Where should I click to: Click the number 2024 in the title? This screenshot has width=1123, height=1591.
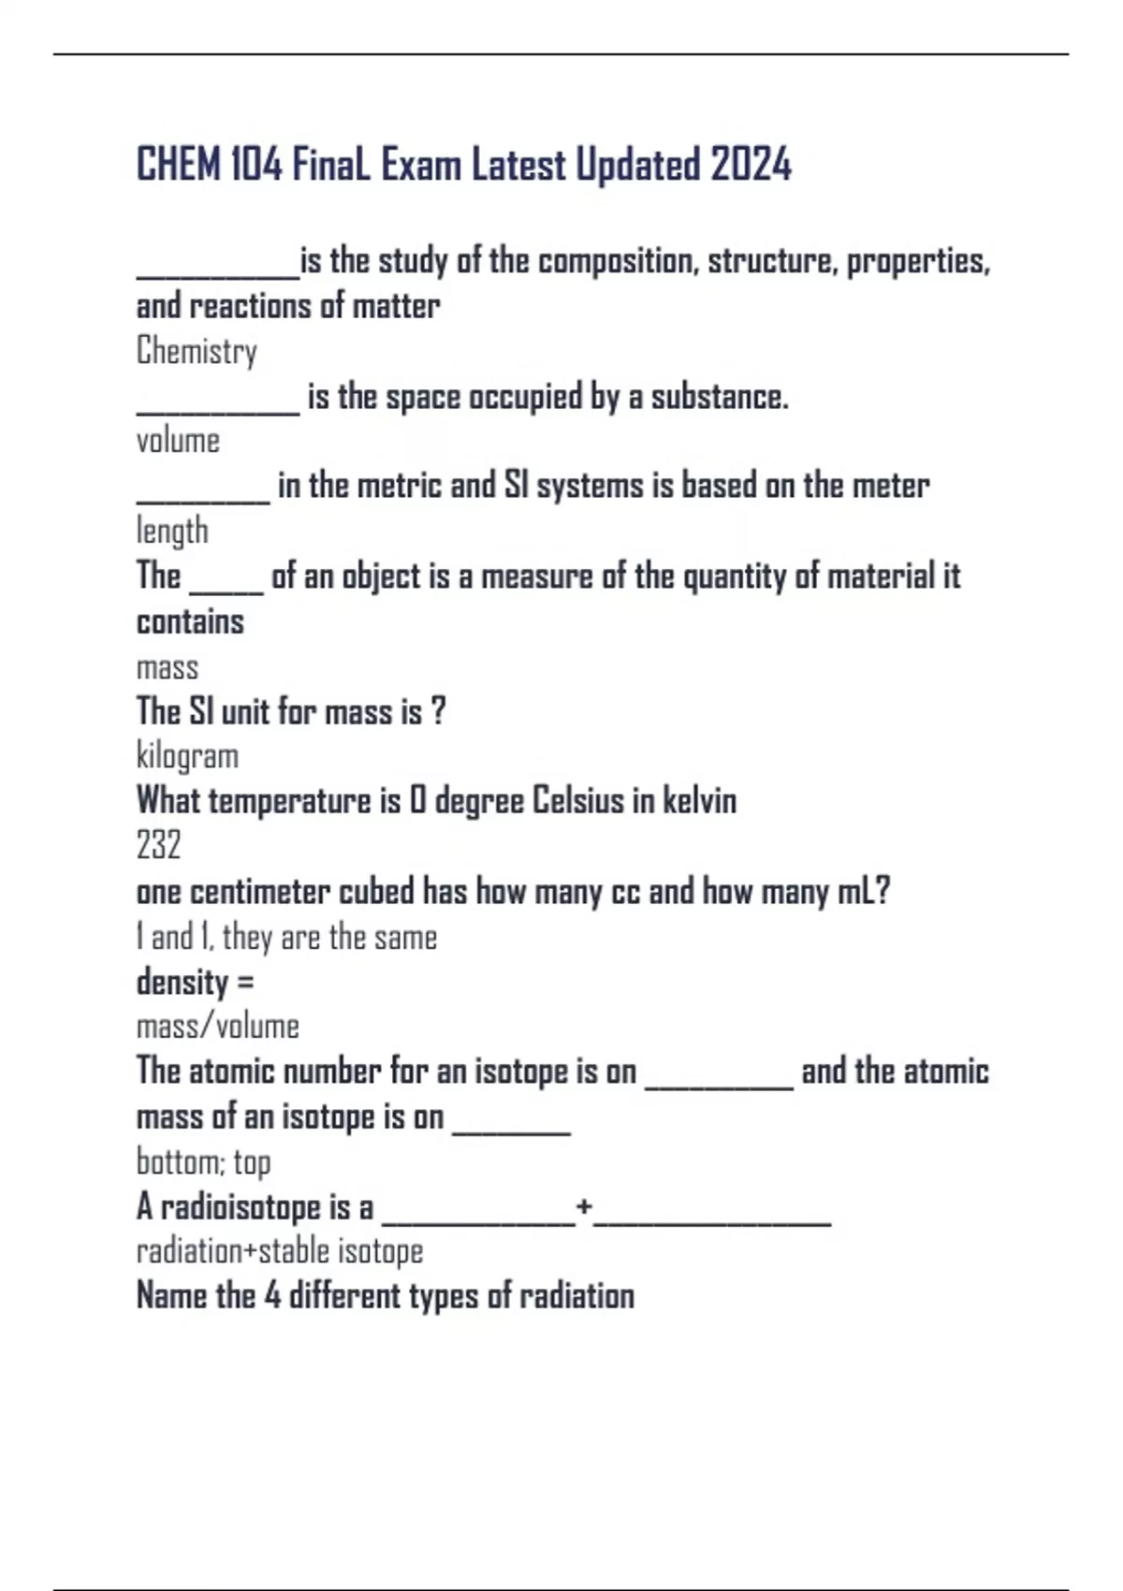coord(751,165)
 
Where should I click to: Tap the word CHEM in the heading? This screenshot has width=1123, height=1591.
coord(179,165)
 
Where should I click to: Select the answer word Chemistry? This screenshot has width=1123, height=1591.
coord(197,351)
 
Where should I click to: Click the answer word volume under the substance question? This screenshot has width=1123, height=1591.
coord(178,441)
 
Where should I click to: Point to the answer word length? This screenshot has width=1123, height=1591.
coord(172,531)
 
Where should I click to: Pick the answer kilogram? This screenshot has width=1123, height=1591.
coord(187,756)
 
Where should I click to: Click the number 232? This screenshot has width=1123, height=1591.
coord(158,845)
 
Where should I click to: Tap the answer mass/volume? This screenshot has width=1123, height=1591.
coord(218,1027)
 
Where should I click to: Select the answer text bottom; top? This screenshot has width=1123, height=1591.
coord(203,1162)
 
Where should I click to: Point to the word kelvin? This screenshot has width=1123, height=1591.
coord(699,801)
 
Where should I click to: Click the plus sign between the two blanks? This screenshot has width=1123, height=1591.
coord(584,1206)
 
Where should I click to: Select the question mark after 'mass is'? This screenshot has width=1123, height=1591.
coord(439,711)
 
